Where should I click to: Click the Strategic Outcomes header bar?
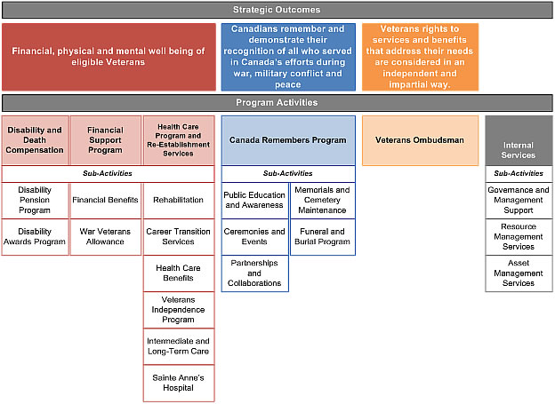pyautogui.click(x=277, y=10)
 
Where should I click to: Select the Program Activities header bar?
pyautogui.click(x=277, y=103)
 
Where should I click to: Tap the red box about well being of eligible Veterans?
pyautogui.click(x=108, y=57)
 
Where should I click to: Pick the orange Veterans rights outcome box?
pyautogui.click(x=420, y=57)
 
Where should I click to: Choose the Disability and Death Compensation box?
pyautogui.click(x=35, y=140)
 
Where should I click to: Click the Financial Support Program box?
pyautogui.click(x=105, y=140)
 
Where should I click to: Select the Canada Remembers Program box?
pyautogui.click(x=287, y=140)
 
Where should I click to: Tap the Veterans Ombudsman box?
pyautogui.click(x=420, y=140)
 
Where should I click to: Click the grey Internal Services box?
pyautogui.click(x=518, y=140)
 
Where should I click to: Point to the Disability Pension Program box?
pyautogui.click(x=35, y=201)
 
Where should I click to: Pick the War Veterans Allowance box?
pyautogui.click(x=105, y=236)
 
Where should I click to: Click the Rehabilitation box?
pyautogui.click(x=178, y=201)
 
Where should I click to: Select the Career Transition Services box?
pyautogui.click(x=178, y=236)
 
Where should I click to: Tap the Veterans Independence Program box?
pyautogui.click(x=178, y=309)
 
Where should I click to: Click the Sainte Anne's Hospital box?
pyautogui.click(x=178, y=383)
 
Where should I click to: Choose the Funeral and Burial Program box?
pyautogui.click(x=322, y=236)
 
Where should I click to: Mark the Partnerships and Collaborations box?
pyautogui.click(x=254, y=273)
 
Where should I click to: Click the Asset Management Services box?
pyautogui.click(x=518, y=273)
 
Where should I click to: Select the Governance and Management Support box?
pyautogui.click(x=518, y=201)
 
